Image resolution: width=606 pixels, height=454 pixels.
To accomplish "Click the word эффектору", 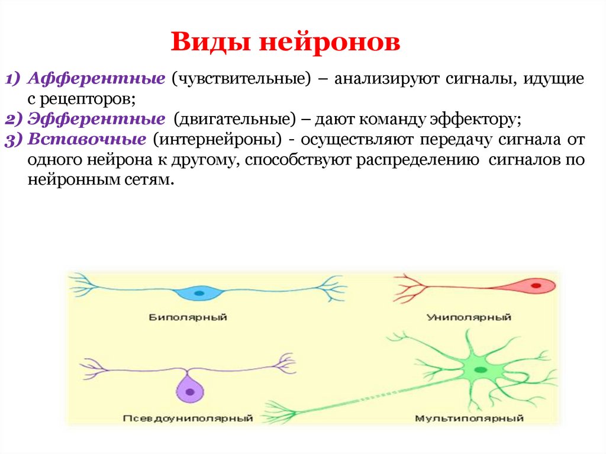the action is click(480, 120).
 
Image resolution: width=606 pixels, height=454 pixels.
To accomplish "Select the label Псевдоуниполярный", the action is click(188, 418).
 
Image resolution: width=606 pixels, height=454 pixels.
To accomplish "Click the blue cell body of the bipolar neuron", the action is click(191, 292).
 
